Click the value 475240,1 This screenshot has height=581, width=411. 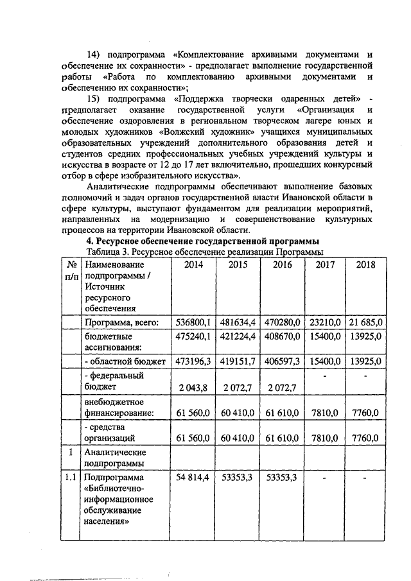193,336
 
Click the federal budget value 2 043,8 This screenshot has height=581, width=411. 193,388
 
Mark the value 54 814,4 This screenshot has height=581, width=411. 193,478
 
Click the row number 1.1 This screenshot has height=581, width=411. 71,478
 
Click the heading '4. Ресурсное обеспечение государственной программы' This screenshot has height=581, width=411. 197,241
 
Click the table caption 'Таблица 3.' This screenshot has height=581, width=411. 109,252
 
